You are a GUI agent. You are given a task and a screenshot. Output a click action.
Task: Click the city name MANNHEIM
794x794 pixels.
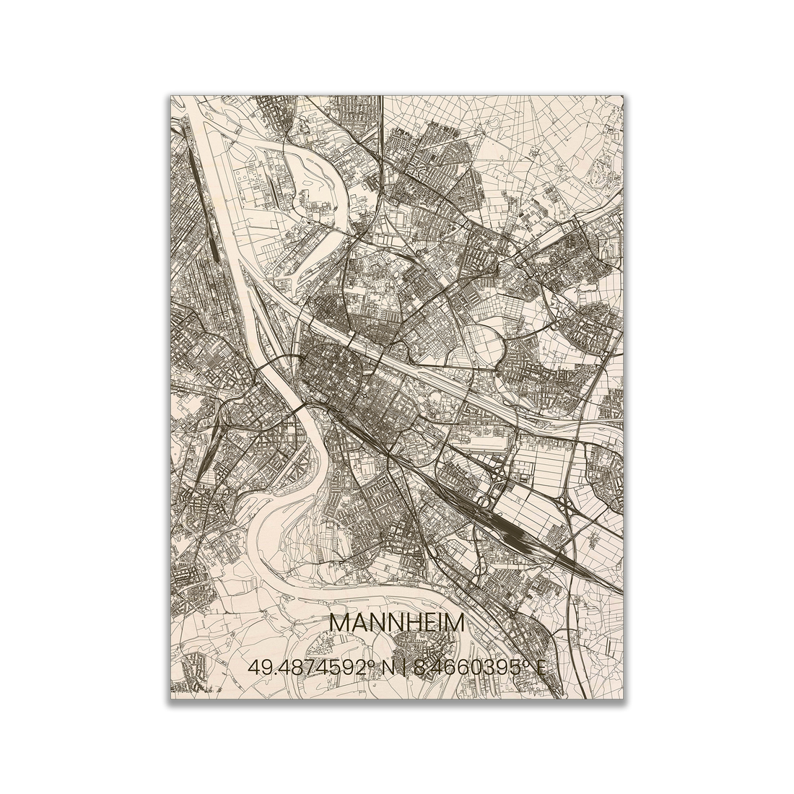[x=396, y=623]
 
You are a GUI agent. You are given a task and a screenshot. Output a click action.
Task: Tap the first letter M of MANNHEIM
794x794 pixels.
[x=339, y=623]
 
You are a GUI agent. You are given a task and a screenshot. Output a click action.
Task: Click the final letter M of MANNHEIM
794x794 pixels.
[x=455, y=623]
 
